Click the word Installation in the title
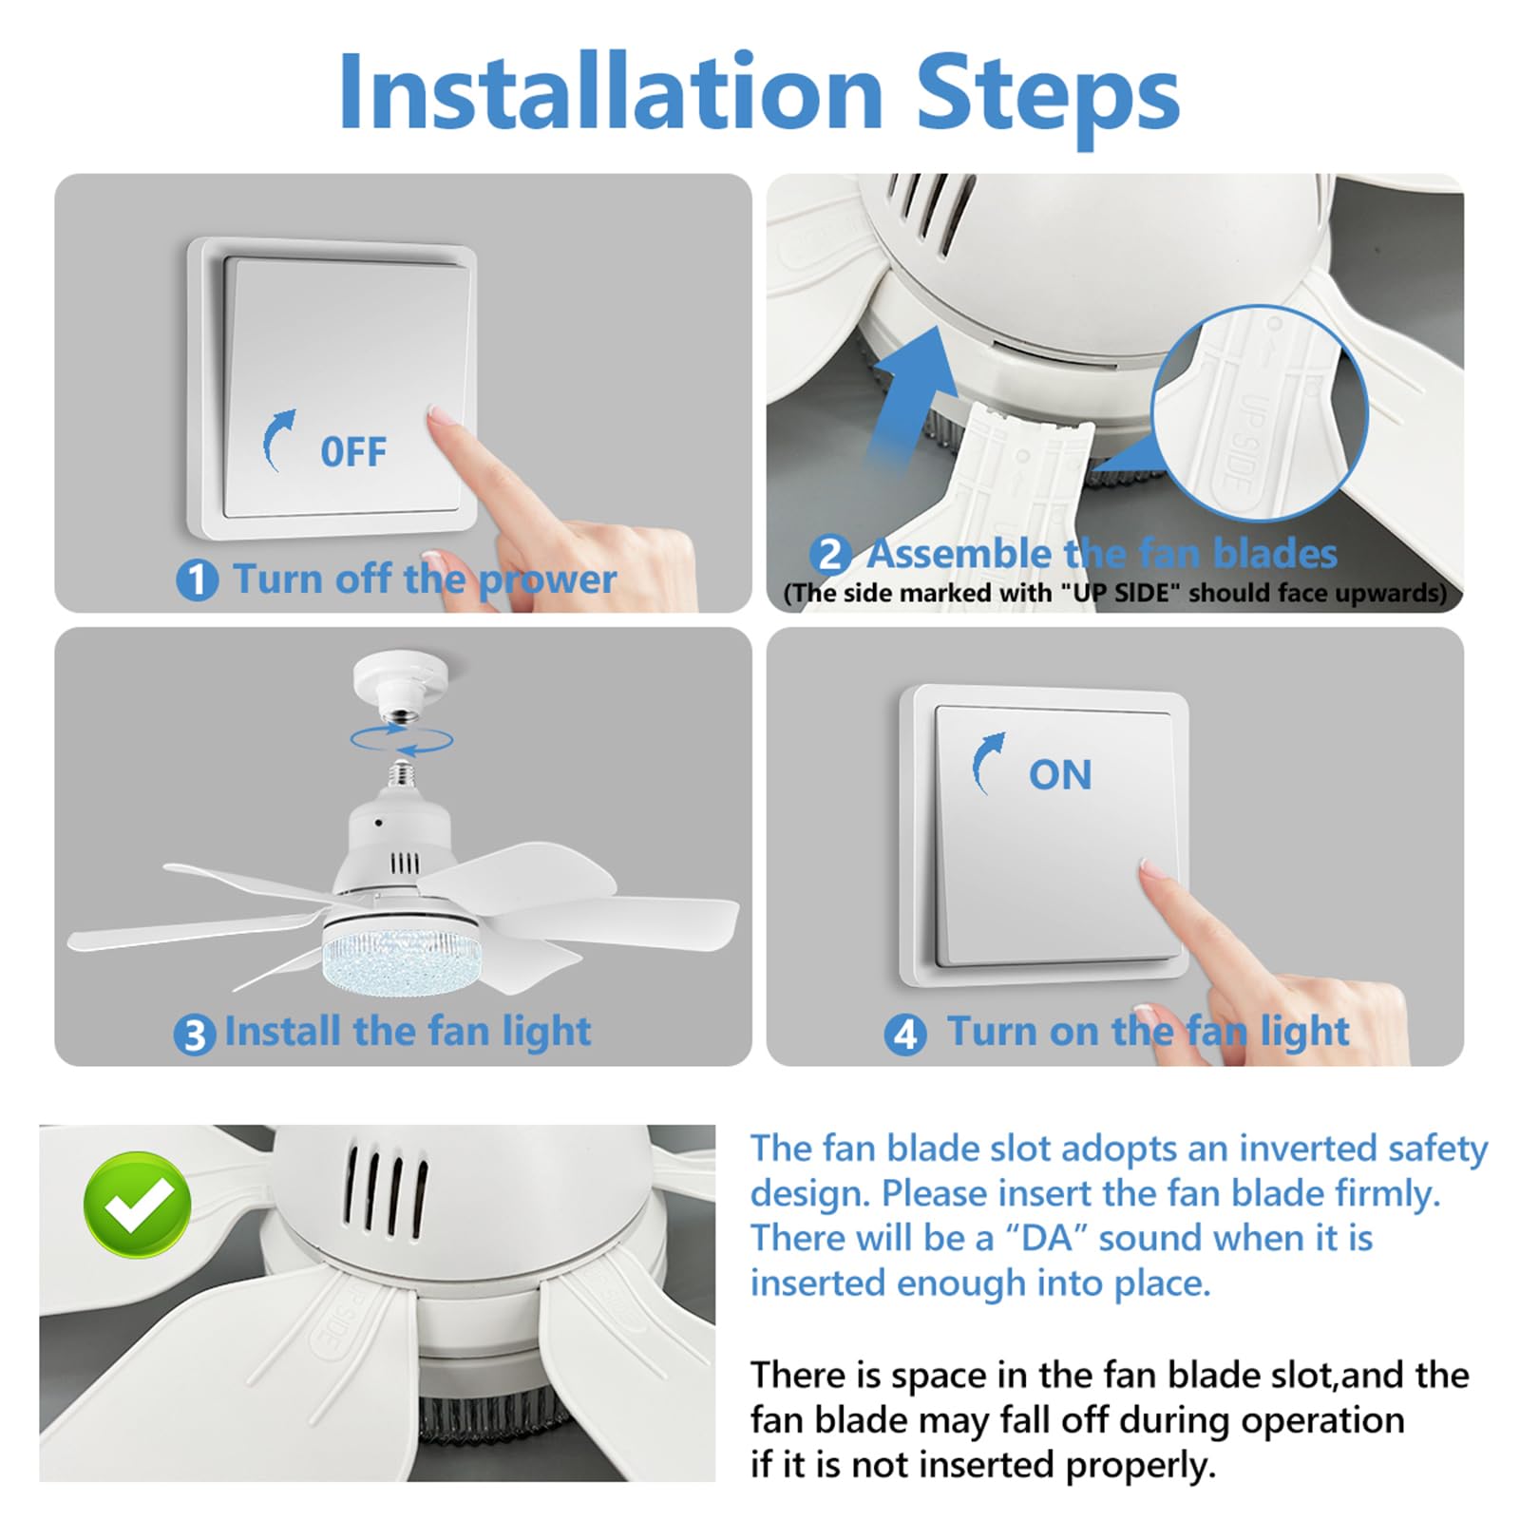tap(611, 91)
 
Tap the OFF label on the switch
tap(353, 452)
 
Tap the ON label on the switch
tap(1060, 775)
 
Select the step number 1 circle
tap(198, 579)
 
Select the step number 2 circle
tap(830, 554)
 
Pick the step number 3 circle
tap(195, 1035)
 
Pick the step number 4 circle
tap(905, 1034)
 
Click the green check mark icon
tap(138, 1205)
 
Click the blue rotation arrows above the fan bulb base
tap(401, 740)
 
